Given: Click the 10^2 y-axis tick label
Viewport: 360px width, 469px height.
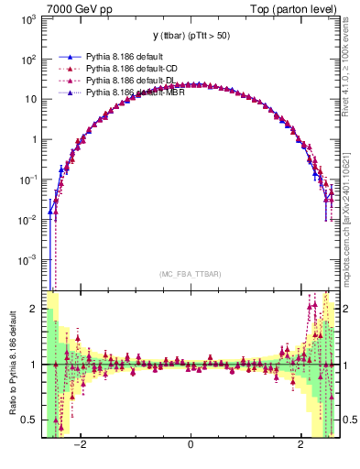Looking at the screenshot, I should pos(27,60).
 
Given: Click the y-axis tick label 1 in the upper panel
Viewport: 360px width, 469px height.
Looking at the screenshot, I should pos(34,140).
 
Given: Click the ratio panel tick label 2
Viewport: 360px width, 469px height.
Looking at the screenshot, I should pos(34,309).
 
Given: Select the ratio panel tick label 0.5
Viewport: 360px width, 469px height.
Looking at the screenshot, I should pos(29,420).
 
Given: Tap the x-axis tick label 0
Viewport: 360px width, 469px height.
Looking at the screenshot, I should pos(190,446).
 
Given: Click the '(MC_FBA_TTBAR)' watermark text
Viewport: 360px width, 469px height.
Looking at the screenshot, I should pos(190,274).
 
